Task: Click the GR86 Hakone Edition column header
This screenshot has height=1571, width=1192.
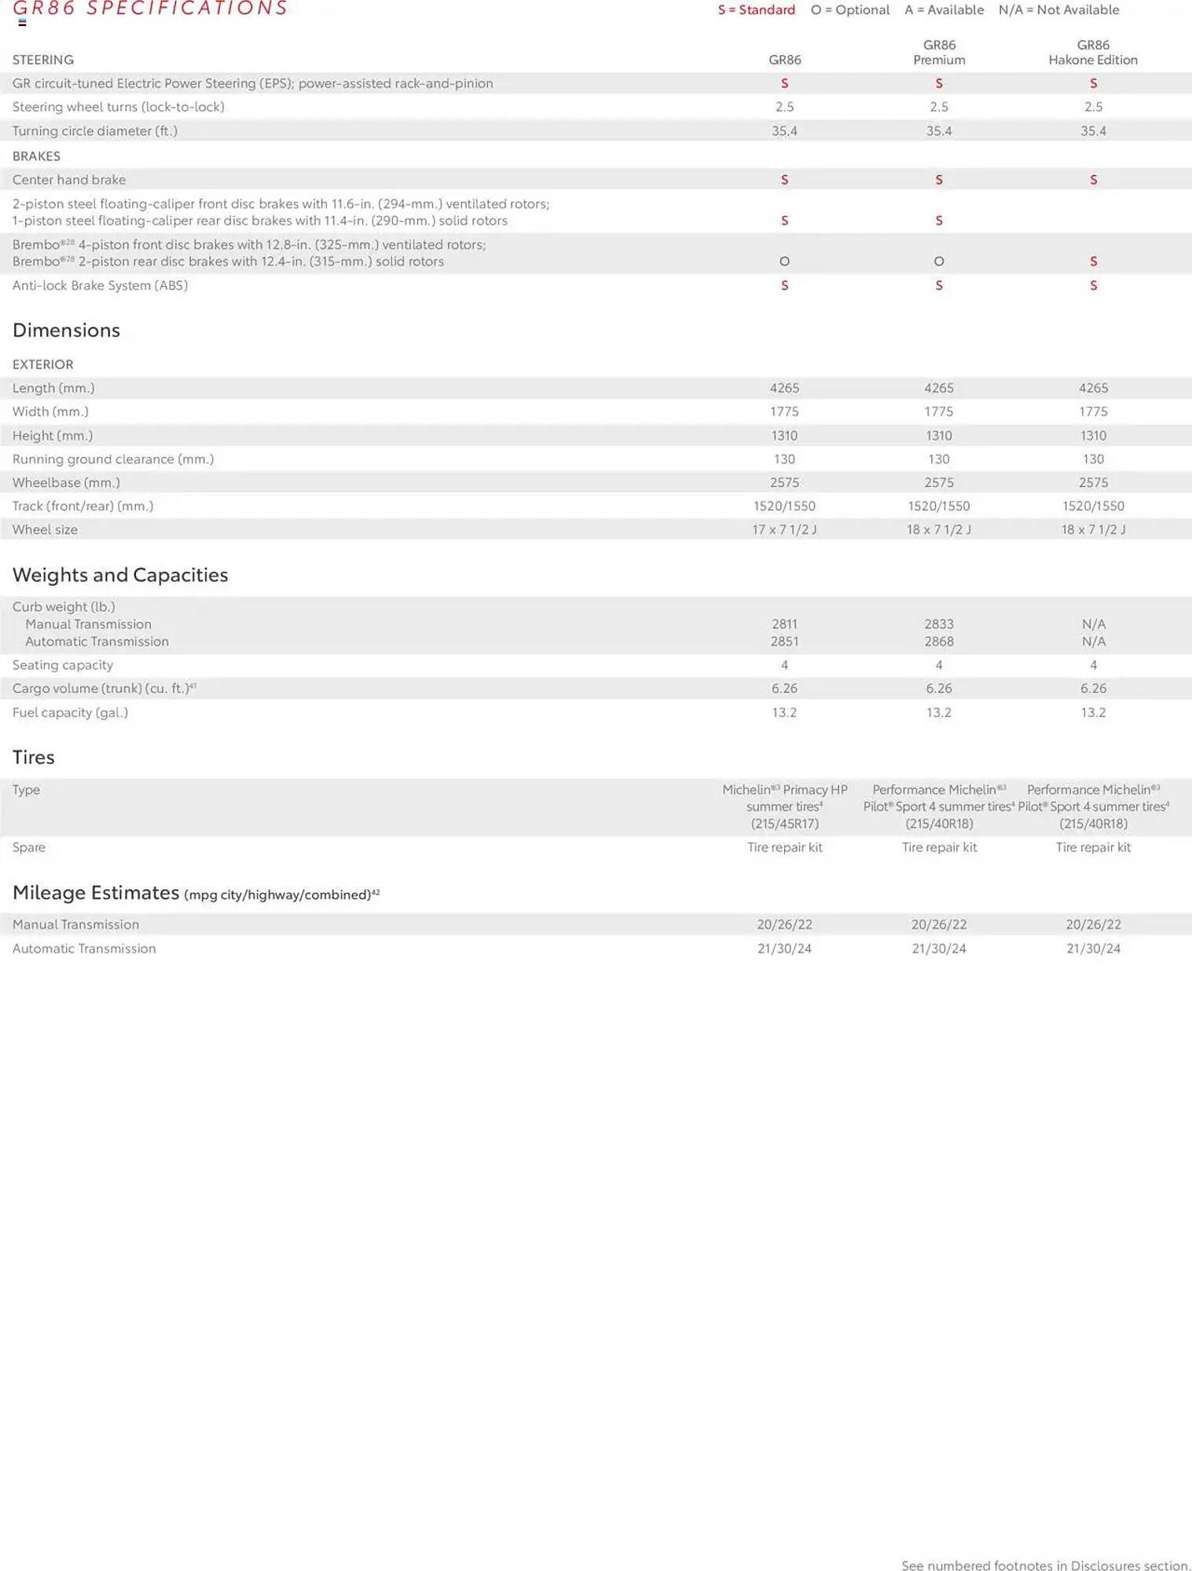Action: click(1092, 53)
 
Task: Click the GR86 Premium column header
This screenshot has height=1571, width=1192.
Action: click(938, 53)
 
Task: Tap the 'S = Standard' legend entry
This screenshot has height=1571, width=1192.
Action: click(756, 10)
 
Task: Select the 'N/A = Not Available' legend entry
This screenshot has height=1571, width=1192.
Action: click(1058, 10)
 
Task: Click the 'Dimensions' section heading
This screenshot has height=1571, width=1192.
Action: click(66, 330)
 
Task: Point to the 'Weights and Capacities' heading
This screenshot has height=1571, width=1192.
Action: click(120, 575)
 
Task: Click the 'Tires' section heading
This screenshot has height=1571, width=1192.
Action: click(33, 757)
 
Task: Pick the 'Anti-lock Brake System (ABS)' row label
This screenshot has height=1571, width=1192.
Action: click(100, 285)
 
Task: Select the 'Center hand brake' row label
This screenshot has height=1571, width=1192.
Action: click(69, 180)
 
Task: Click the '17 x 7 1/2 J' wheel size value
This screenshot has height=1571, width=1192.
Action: click(784, 529)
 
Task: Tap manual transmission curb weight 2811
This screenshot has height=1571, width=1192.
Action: click(784, 624)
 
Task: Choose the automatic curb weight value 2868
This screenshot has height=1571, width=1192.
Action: click(938, 641)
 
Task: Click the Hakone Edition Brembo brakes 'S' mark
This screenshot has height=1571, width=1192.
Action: click(1093, 262)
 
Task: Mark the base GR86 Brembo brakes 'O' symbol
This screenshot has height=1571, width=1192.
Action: click(784, 262)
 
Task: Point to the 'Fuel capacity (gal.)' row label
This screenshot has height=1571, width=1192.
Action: click(70, 712)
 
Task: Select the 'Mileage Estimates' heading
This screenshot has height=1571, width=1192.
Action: click(96, 893)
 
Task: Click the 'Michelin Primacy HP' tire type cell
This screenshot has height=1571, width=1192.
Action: click(784, 807)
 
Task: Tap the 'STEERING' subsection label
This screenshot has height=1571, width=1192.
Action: click(43, 60)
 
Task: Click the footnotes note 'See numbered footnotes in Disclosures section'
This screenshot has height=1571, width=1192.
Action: click(1046, 1566)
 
